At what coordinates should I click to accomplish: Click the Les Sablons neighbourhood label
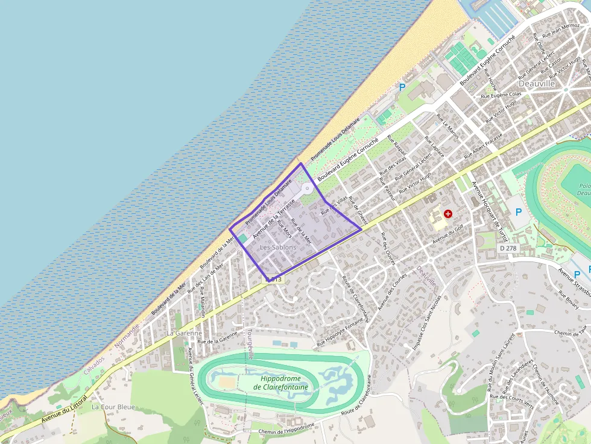point(278,248)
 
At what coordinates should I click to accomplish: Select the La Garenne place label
point(184,333)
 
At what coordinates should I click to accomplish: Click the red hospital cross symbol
point(448,213)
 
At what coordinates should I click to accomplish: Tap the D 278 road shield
point(508,248)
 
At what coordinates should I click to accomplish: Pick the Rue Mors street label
point(285,229)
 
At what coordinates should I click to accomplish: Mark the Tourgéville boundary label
point(250,343)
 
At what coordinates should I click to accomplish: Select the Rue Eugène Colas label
point(501,95)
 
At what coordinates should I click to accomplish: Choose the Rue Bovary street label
point(569,299)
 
